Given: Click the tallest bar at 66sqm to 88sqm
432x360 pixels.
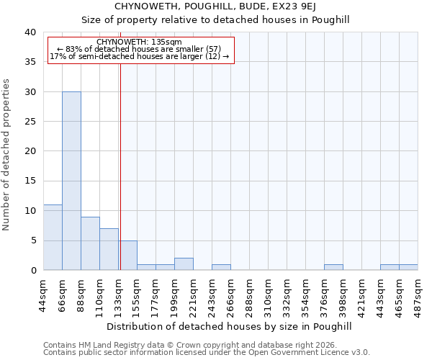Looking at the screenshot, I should pos(71,181).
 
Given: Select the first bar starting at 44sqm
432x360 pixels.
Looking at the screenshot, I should pos(53,238).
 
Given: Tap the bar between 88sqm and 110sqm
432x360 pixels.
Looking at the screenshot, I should pos(90,243).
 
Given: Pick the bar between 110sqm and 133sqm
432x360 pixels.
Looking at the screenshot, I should pos(109,249).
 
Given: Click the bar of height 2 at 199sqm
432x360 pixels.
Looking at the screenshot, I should pos(184,264).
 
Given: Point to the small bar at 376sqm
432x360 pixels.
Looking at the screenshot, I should pos(333,267).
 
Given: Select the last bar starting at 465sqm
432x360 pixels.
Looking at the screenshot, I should pos(408,267).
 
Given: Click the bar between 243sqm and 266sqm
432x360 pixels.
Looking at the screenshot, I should pos(221,267).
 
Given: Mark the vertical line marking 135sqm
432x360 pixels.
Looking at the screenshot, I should pos(120,166).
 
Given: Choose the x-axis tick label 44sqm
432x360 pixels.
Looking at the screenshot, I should pos(44,294).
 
